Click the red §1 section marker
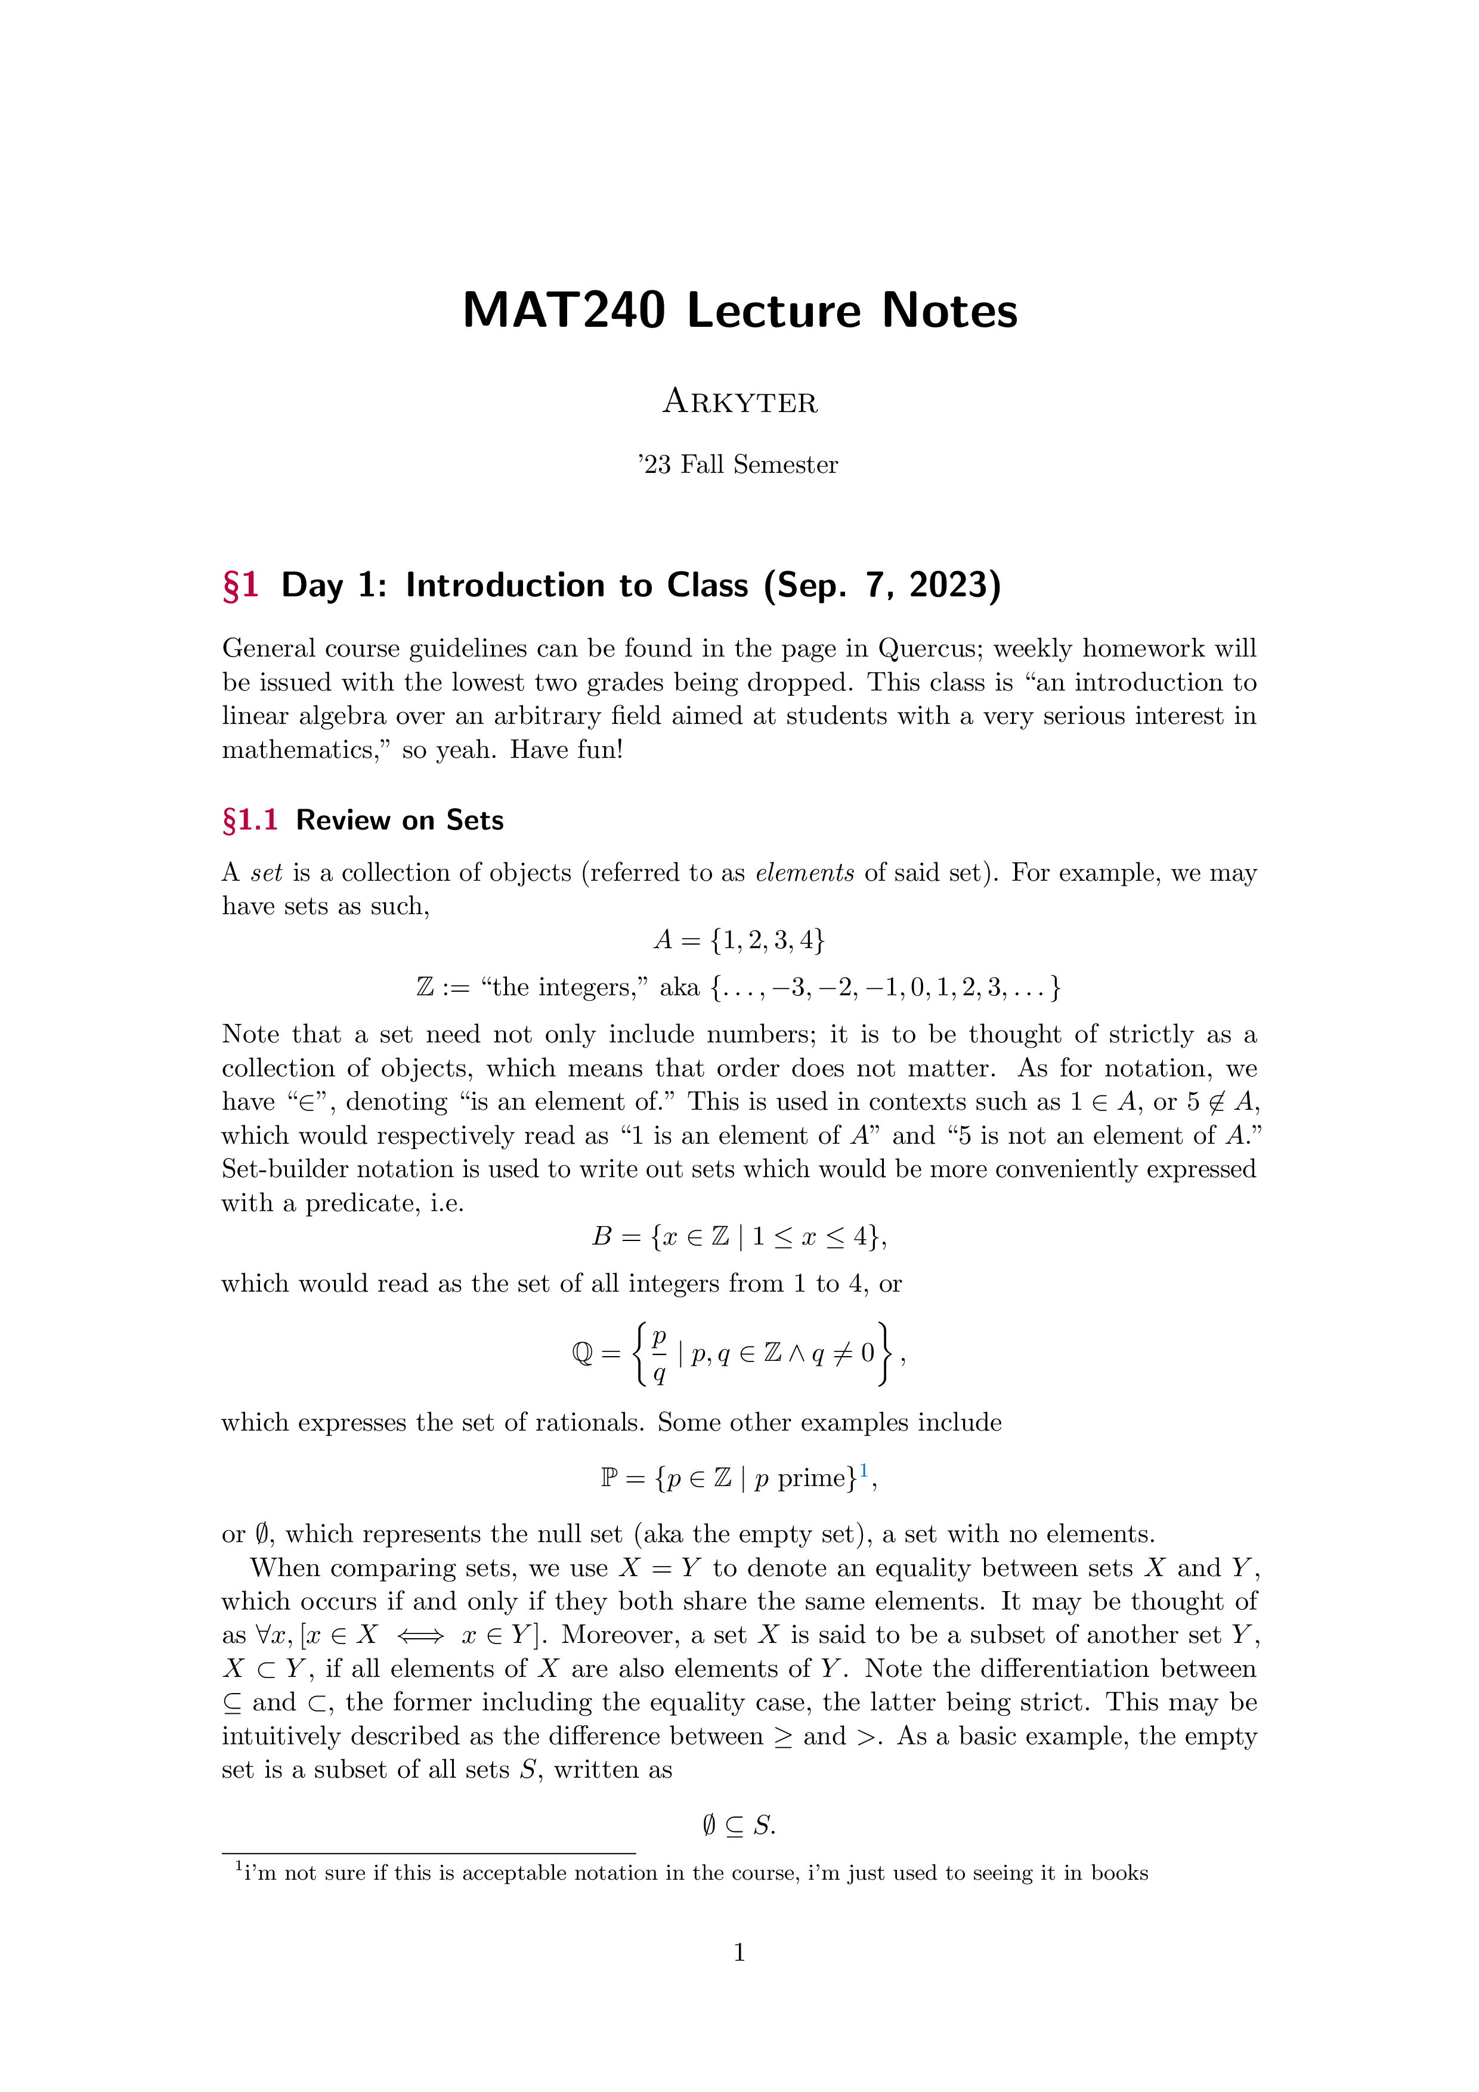(240, 585)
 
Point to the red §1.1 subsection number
(250, 820)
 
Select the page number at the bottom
(739, 1952)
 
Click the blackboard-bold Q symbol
(582, 1354)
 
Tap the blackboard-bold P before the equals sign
(609, 1478)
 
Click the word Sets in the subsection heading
(475, 820)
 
